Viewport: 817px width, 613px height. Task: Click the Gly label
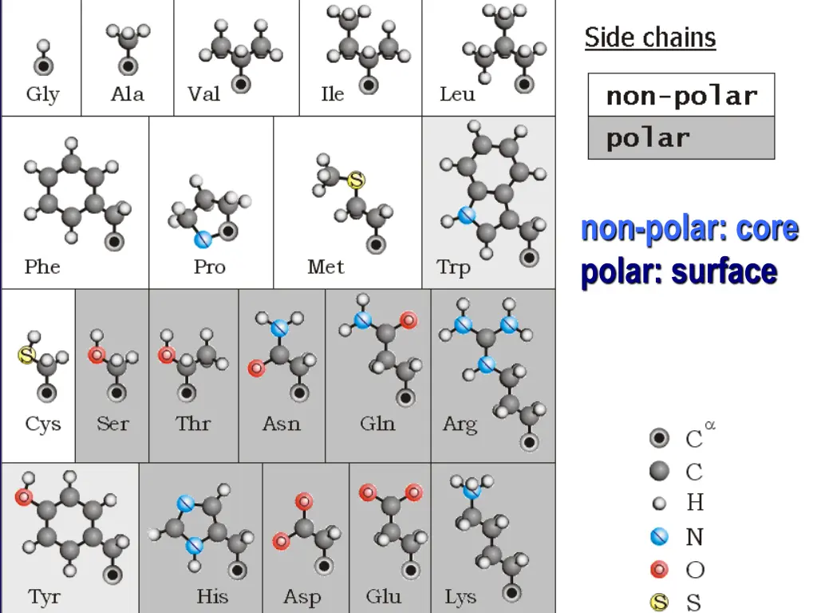click(x=42, y=94)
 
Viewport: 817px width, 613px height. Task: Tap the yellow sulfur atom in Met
click(x=356, y=181)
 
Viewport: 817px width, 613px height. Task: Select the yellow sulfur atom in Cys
click(x=26, y=356)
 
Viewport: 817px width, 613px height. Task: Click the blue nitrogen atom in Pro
click(x=203, y=237)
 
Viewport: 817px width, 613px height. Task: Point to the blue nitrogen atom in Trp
click(x=467, y=215)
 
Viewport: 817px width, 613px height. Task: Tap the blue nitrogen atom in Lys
click(x=472, y=490)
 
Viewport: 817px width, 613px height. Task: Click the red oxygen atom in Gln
click(x=408, y=321)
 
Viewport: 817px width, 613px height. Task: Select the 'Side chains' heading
click(x=650, y=38)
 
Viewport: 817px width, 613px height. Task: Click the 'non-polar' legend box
click(x=681, y=96)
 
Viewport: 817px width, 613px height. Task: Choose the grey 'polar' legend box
click(x=681, y=138)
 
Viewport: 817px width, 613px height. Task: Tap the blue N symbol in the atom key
click(x=659, y=537)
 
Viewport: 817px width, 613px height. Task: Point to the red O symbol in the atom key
click(x=659, y=570)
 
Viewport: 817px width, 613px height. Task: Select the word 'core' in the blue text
click(x=767, y=228)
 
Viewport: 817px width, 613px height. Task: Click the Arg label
click(x=460, y=423)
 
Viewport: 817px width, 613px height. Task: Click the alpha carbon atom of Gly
click(x=44, y=65)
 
